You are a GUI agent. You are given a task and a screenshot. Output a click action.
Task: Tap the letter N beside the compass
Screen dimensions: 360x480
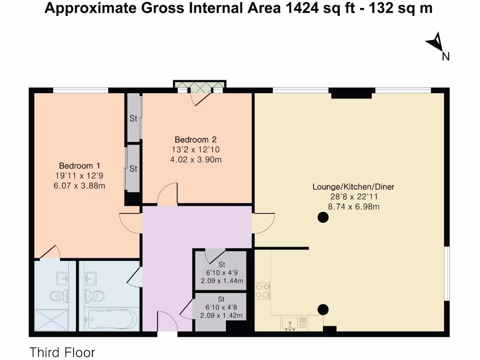(446, 57)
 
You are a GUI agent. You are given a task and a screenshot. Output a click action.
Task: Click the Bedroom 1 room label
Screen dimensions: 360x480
(79, 166)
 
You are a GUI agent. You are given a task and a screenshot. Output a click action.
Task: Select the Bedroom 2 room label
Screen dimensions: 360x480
(195, 140)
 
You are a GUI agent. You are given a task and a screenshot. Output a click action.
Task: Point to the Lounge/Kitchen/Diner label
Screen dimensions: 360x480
(353, 187)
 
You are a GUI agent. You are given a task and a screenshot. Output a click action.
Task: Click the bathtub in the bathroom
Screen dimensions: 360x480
(111, 319)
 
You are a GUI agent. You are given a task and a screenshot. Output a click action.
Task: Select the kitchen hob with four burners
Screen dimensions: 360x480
(262, 290)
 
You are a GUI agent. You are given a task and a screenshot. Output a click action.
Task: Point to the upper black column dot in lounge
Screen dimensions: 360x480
(322, 217)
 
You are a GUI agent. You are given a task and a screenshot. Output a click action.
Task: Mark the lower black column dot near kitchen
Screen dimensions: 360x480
(322, 309)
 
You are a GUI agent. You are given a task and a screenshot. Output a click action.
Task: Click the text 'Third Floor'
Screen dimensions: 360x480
(62, 352)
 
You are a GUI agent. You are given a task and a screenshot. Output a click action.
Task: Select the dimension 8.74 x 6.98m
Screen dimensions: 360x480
(353, 206)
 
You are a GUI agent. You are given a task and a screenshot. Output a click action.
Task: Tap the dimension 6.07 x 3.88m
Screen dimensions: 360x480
(79, 186)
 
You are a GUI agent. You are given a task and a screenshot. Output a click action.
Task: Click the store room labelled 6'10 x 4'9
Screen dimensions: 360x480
(221, 272)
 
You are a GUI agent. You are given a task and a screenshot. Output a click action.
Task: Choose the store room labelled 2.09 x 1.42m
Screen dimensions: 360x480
(221, 315)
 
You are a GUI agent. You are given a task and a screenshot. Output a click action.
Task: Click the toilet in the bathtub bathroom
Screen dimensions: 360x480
(94, 295)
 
